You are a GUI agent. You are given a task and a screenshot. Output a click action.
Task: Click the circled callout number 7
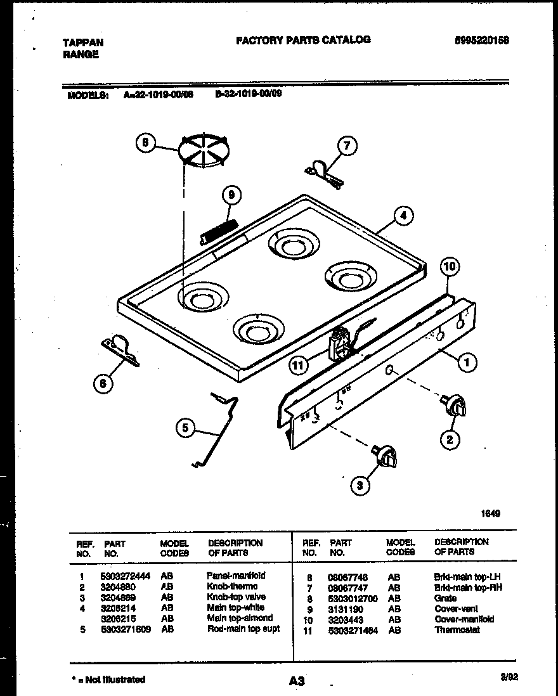pyautogui.click(x=346, y=145)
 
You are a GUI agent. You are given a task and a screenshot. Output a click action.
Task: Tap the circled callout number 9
pyautogui.click(x=231, y=196)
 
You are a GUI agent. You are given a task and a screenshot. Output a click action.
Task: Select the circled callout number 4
pyautogui.click(x=403, y=216)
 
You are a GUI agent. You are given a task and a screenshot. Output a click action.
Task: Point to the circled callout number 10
pyautogui.click(x=449, y=267)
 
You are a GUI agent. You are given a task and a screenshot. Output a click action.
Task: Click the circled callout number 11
pyautogui.click(x=299, y=364)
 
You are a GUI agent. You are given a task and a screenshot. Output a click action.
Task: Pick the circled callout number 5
pyautogui.click(x=186, y=429)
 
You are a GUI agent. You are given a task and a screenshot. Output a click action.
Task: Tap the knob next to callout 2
pyautogui.click(x=453, y=406)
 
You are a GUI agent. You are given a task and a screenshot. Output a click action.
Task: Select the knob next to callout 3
pyautogui.click(x=385, y=455)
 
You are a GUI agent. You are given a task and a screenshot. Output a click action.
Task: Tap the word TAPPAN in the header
pyautogui.click(x=83, y=42)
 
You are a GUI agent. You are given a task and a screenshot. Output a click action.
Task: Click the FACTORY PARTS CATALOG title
pyautogui.click(x=303, y=39)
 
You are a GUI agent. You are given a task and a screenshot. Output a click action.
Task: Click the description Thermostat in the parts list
pyautogui.click(x=457, y=630)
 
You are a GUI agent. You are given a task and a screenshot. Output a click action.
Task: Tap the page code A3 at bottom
pyautogui.click(x=296, y=681)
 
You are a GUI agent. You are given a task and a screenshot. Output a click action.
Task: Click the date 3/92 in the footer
pyautogui.click(x=509, y=677)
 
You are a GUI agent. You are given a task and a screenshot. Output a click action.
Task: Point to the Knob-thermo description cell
pyautogui.click(x=232, y=586)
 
